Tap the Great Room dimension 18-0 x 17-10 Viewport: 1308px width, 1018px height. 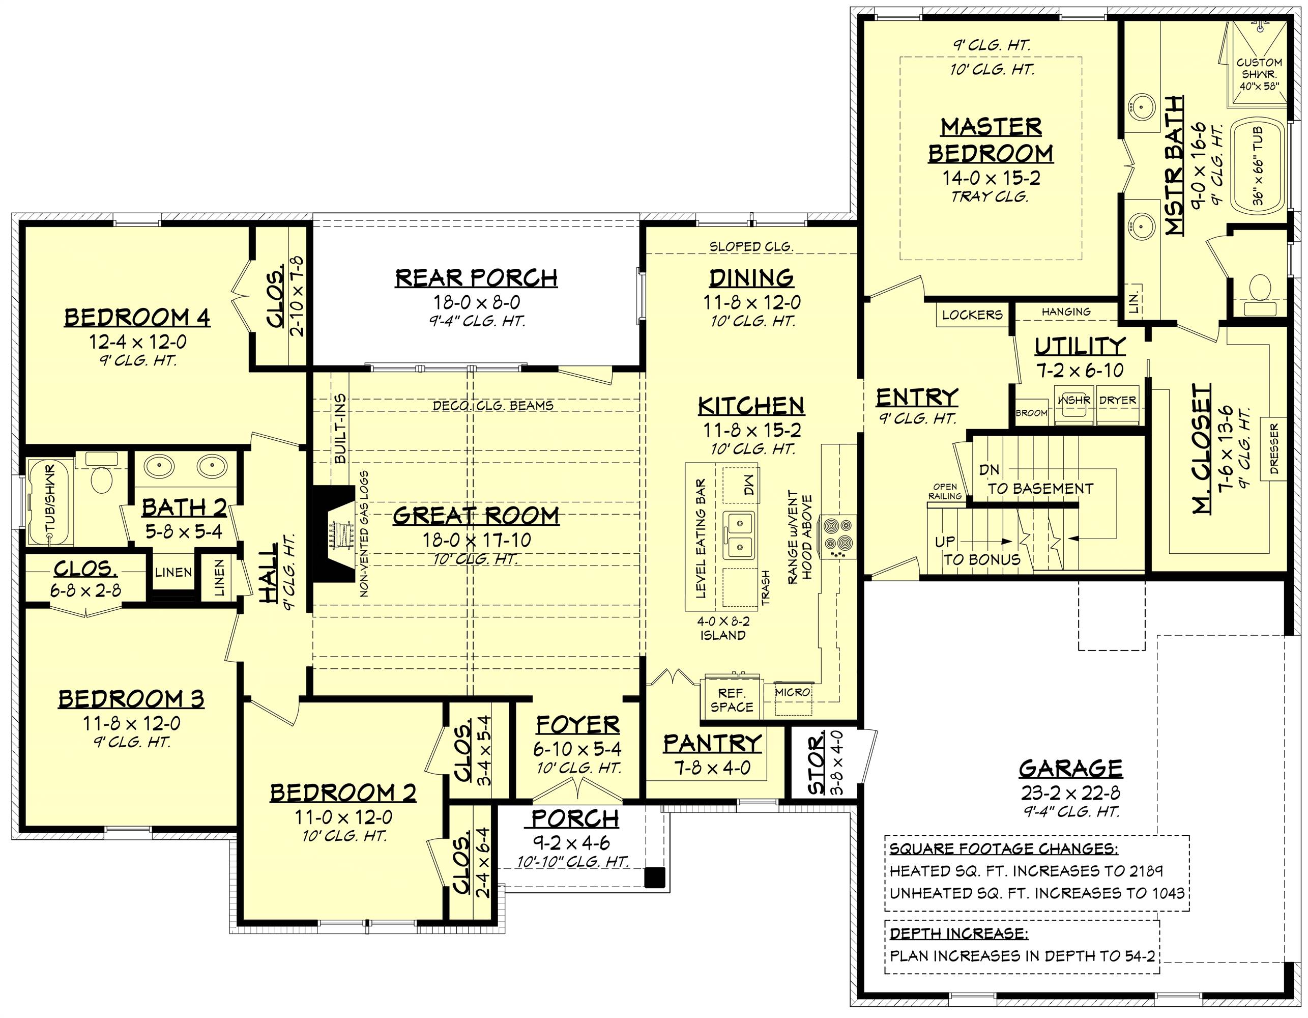tap(477, 540)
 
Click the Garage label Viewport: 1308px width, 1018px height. tap(1071, 768)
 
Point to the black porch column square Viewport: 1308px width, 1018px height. tap(655, 876)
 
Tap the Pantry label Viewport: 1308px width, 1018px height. tap(712, 744)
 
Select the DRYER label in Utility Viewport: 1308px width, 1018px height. tap(1118, 400)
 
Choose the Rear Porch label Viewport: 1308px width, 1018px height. tap(476, 278)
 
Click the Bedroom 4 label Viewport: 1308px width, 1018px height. tap(137, 317)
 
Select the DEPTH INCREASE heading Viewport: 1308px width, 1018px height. tap(959, 933)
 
